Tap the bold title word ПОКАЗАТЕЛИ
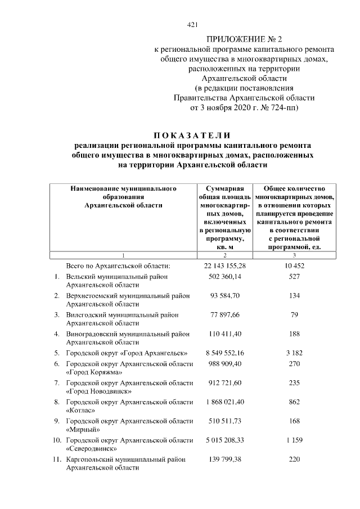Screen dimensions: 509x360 pos(192,135)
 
